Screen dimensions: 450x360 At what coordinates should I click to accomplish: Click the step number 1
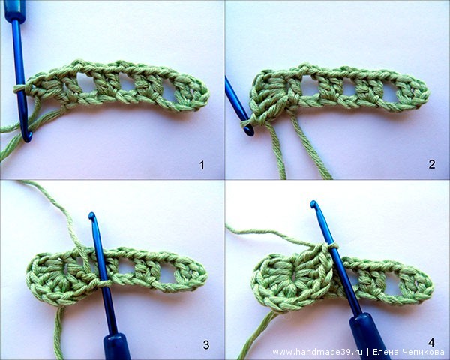coord(202,165)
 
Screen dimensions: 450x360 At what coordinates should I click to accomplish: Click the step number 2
coord(432,164)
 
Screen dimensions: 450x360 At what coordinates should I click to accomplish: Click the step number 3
coord(206,345)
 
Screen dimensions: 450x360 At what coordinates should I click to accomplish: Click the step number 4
coord(431,343)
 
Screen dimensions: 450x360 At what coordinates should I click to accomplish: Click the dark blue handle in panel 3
coord(116,346)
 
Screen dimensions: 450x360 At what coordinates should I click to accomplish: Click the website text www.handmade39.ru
coord(318,352)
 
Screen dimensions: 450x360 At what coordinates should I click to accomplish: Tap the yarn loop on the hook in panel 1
coord(19,88)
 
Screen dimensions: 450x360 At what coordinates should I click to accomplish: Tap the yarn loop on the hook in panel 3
coord(104,283)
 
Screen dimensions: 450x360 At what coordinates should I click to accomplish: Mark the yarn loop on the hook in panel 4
coord(333,246)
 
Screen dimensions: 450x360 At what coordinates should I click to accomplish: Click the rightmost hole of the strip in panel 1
coord(169,92)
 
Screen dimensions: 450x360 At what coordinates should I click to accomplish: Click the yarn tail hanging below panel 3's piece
coord(58,333)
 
